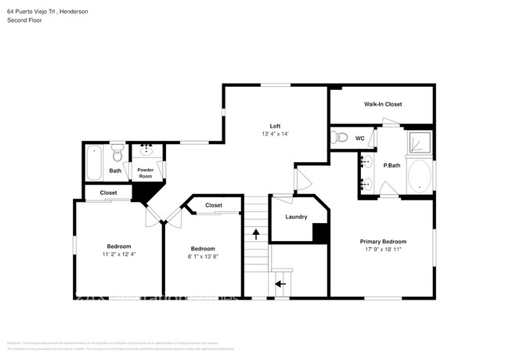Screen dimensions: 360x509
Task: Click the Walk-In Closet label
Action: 382,104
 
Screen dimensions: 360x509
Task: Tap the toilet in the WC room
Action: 341,139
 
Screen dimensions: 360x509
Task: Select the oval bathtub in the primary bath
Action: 421,176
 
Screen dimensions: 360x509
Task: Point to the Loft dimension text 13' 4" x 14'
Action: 275,135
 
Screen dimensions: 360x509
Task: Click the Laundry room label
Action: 296,217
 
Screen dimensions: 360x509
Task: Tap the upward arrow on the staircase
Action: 255,233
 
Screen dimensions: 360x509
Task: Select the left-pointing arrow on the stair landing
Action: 280,283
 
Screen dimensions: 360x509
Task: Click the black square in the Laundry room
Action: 319,232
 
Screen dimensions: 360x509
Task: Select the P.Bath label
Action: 392,166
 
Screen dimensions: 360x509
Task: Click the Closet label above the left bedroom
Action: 108,193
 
